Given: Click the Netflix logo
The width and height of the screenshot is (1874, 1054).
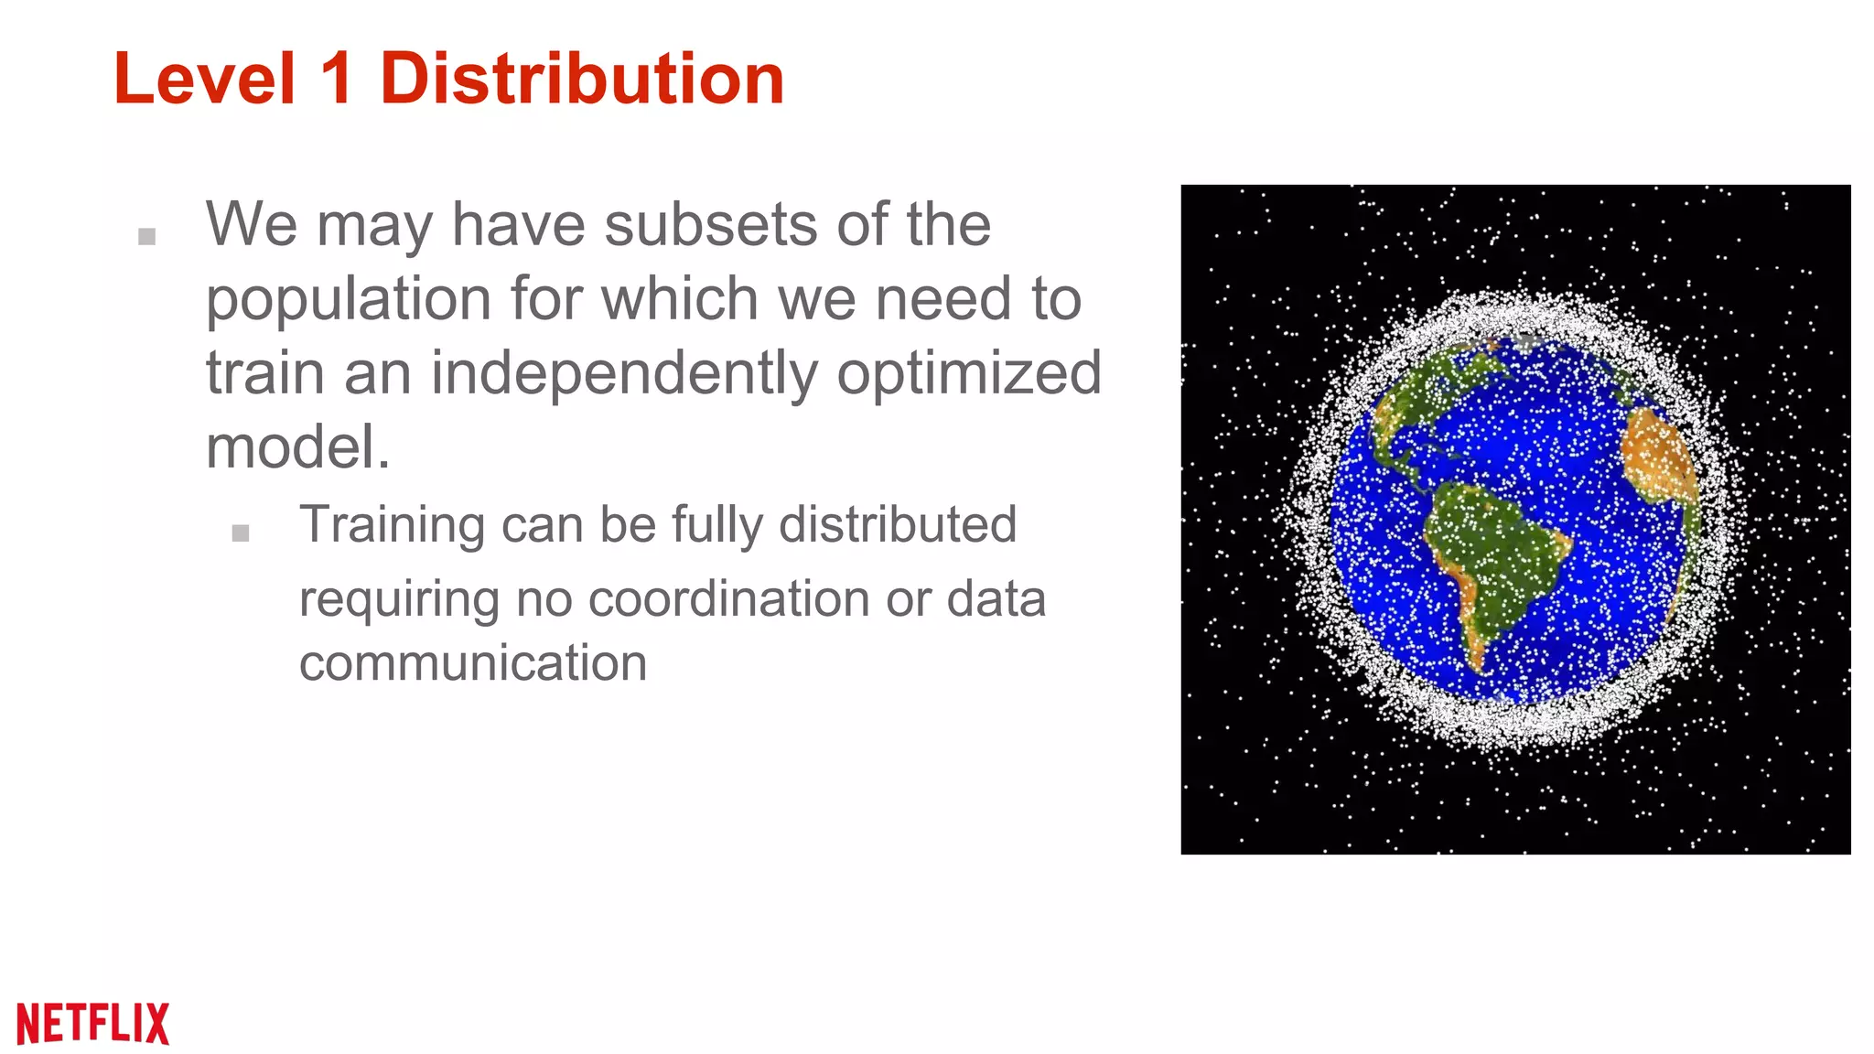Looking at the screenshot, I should pos(93,1022).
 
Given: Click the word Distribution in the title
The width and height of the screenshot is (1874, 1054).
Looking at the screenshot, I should pos(582,79).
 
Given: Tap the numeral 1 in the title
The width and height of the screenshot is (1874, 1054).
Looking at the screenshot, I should pos(337,79).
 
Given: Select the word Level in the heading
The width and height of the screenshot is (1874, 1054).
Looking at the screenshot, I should pos(205,79).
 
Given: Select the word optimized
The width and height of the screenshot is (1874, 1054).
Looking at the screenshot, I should pos(969,373).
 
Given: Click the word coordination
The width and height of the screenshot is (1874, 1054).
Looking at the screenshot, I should pos(728,599).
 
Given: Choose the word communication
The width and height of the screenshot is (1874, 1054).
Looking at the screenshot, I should pos(473,662).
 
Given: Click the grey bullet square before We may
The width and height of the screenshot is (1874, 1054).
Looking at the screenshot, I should pos(146,237).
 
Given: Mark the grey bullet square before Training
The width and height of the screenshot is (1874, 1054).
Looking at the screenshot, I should pos(241,533).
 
